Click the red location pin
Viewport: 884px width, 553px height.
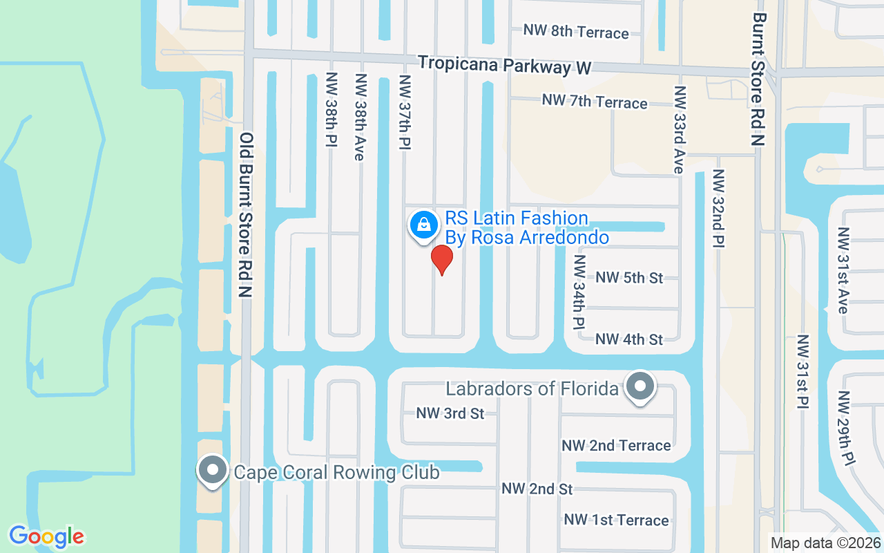[441, 259]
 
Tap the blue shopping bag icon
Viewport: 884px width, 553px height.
[422, 225]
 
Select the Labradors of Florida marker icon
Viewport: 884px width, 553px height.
[640, 386]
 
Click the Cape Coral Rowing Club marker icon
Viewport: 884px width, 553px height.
[213, 471]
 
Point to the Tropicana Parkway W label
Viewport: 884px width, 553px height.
[505, 65]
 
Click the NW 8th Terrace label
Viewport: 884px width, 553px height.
[576, 32]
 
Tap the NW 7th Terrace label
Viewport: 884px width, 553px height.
[595, 102]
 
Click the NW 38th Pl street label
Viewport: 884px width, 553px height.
[331, 109]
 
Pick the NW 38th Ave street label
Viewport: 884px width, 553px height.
[359, 117]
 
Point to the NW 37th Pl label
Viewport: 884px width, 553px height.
[405, 111]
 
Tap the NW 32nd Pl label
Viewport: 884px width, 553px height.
[719, 208]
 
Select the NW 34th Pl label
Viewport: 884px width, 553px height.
[579, 292]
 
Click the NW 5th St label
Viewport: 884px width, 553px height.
[629, 277]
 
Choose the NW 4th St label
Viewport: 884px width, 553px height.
[629, 339]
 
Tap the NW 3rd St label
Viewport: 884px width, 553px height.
[450, 413]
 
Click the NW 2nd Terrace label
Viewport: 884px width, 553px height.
[616, 445]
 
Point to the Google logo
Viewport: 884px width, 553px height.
[46, 536]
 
